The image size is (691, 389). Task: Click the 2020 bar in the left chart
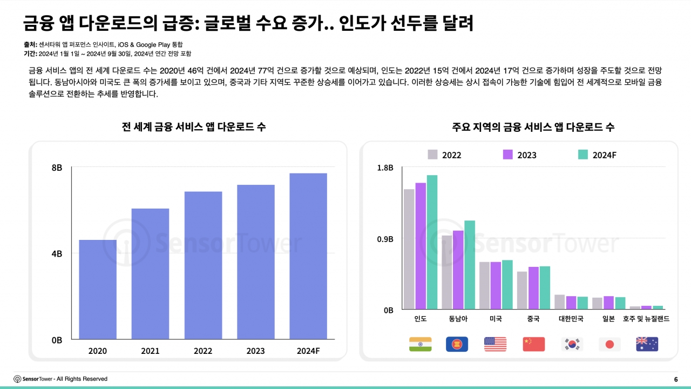[x=98, y=290]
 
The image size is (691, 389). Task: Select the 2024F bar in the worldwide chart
[x=308, y=256]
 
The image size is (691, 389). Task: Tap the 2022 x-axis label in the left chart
[x=203, y=351]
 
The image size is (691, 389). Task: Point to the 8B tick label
[x=57, y=168]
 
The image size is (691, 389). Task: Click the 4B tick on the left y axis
[x=57, y=253]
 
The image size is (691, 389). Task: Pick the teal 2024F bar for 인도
[x=432, y=242]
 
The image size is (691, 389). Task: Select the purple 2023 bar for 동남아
[x=458, y=270]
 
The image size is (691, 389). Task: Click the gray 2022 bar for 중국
[x=522, y=290]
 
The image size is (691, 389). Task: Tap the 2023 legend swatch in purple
[x=507, y=155]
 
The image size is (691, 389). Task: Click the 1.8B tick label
[x=385, y=168]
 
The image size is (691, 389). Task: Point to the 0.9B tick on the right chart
[x=385, y=239]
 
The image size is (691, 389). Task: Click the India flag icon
[x=421, y=344]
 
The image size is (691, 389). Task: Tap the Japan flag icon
[x=609, y=344]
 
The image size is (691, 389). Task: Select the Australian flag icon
[x=647, y=344]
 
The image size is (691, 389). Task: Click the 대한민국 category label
[x=571, y=319]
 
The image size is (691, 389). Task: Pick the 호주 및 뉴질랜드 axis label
[x=646, y=319]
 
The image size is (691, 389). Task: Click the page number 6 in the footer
[x=676, y=379]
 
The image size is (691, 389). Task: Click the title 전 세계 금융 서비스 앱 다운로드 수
[x=194, y=128]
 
